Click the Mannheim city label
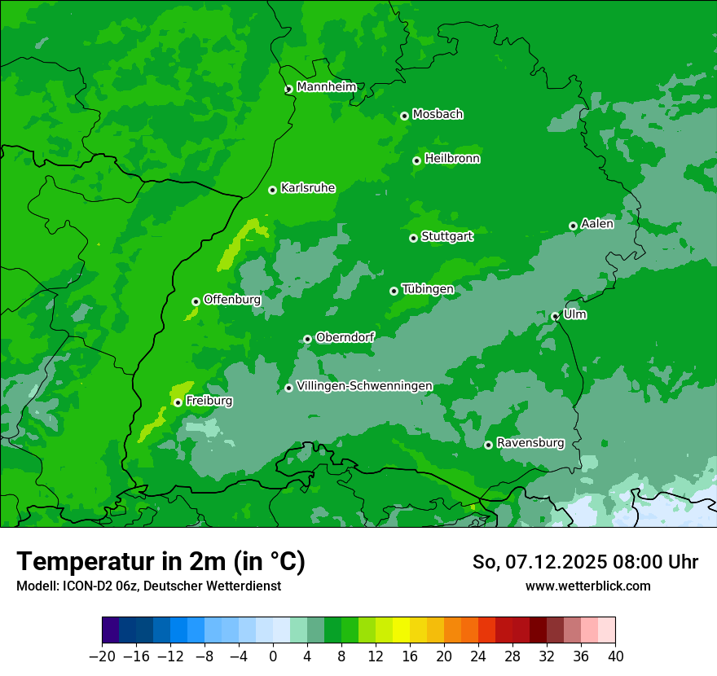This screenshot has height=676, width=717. pyautogui.click(x=327, y=87)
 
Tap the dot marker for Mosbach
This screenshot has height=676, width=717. pyautogui.click(x=404, y=116)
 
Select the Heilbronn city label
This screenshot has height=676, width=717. pyautogui.click(x=452, y=159)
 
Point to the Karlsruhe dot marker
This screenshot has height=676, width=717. pyautogui.click(x=272, y=190)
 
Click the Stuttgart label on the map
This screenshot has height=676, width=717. pyautogui.click(x=446, y=236)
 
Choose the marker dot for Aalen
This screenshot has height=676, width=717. pyautogui.click(x=573, y=226)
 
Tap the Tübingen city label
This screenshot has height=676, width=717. pyautogui.click(x=428, y=289)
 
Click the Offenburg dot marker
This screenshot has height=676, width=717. pyautogui.click(x=196, y=301)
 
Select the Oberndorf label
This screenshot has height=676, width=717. pyautogui.click(x=345, y=337)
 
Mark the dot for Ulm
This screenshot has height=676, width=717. pyautogui.click(x=555, y=316)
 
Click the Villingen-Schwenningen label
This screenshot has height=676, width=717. pyautogui.click(x=364, y=386)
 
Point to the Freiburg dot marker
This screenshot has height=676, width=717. pyautogui.click(x=178, y=402)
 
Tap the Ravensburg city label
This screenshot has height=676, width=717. pyautogui.click(x=530, y=443)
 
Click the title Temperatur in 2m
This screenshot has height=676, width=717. pyautogui.click(x=161, y=561)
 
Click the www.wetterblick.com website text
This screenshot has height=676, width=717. pyautogui.click(x=587, y=586)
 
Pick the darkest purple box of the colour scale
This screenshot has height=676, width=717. pyautogui.click(x=111, y=630)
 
